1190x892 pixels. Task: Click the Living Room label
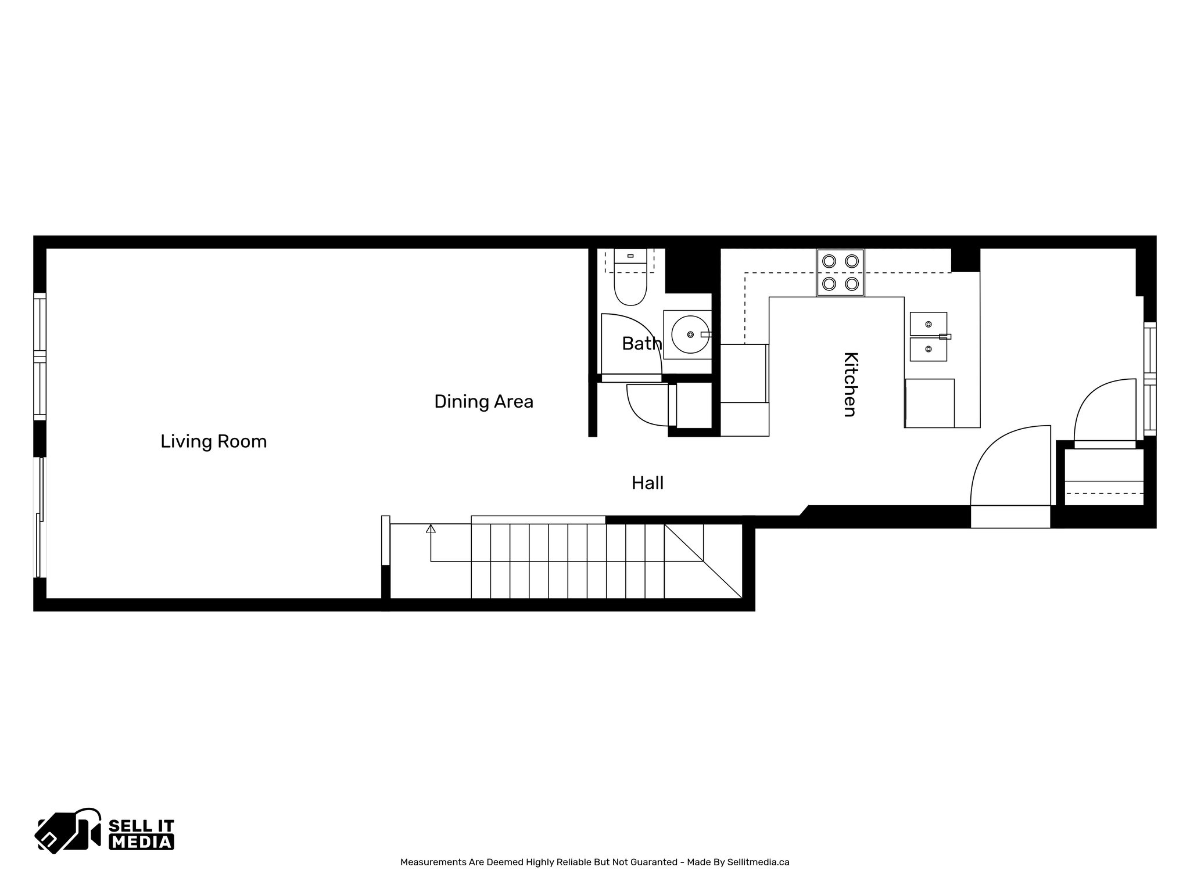pyautogui.click(x=213, y=441)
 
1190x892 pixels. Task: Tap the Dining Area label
pyautogui.click(x=483, y=401)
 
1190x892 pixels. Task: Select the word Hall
pyautogui.click(x=647, y=483)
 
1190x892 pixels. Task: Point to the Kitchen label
pyautogui.click(x=850, y=384)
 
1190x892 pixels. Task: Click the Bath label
pyautogui.click(x=641, y=344)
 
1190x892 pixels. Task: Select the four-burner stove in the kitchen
pyautogui.click(x=840, y=273)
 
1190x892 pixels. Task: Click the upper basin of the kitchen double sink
pyautogui.click(x=928, y=323)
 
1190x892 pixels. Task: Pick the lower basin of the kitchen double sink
pyautogui.click(x=928, y=350)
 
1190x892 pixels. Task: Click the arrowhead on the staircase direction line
pyautogui.click(x=431, y=528)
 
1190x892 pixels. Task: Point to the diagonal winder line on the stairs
pyautogui.click(x=703, y=561)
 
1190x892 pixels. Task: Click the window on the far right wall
pyautogui.click(x=1150, y=379)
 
